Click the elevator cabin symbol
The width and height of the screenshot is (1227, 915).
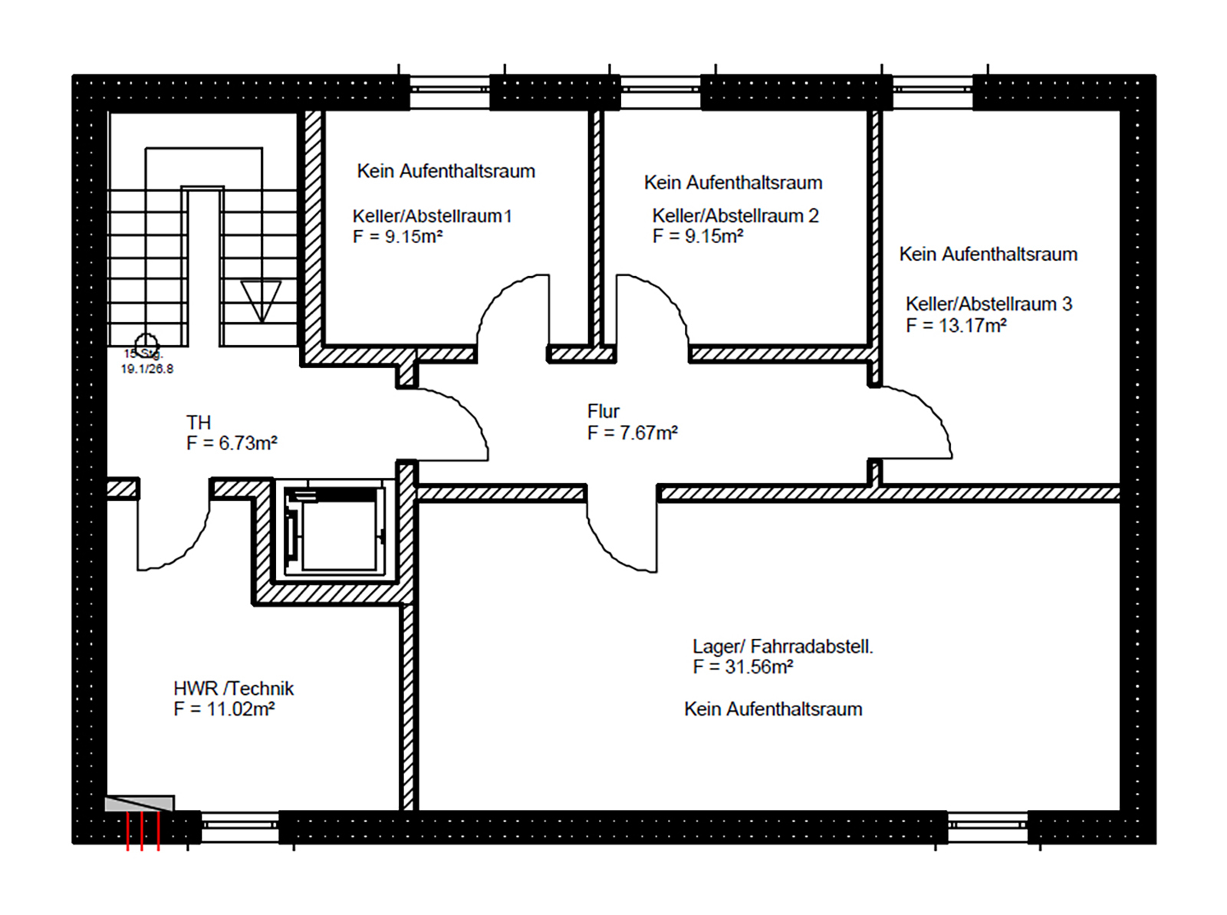point(334,530)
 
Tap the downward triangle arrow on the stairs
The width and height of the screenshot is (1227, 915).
point(262,300)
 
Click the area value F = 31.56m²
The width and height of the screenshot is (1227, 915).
point(742,667)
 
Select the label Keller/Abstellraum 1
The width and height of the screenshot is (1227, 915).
point(432,216)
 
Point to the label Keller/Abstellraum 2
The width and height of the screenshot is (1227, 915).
point(735,216)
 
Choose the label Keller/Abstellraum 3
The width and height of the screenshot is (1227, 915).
point(988,304)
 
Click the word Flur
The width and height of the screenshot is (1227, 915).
point(603,412)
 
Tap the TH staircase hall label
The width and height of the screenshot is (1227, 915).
point(198,423)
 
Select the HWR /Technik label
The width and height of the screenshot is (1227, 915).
point(233,689)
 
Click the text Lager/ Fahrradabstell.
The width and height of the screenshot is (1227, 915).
point(782,647)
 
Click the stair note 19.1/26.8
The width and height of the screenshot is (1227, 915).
point(146,369)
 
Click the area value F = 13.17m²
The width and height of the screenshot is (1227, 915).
point(956,326)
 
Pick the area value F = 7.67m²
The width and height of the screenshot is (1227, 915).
point(632,433)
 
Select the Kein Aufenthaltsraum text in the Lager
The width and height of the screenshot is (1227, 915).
point(773,709)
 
